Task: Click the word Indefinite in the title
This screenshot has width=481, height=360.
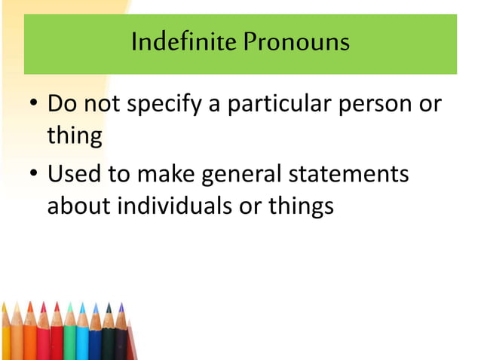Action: (x=174, y=41)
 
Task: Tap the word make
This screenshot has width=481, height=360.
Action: (x=164, y=175)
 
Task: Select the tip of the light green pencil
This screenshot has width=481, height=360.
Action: (x=70, y=304)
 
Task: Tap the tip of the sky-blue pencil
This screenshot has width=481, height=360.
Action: (x=83, y=304)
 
